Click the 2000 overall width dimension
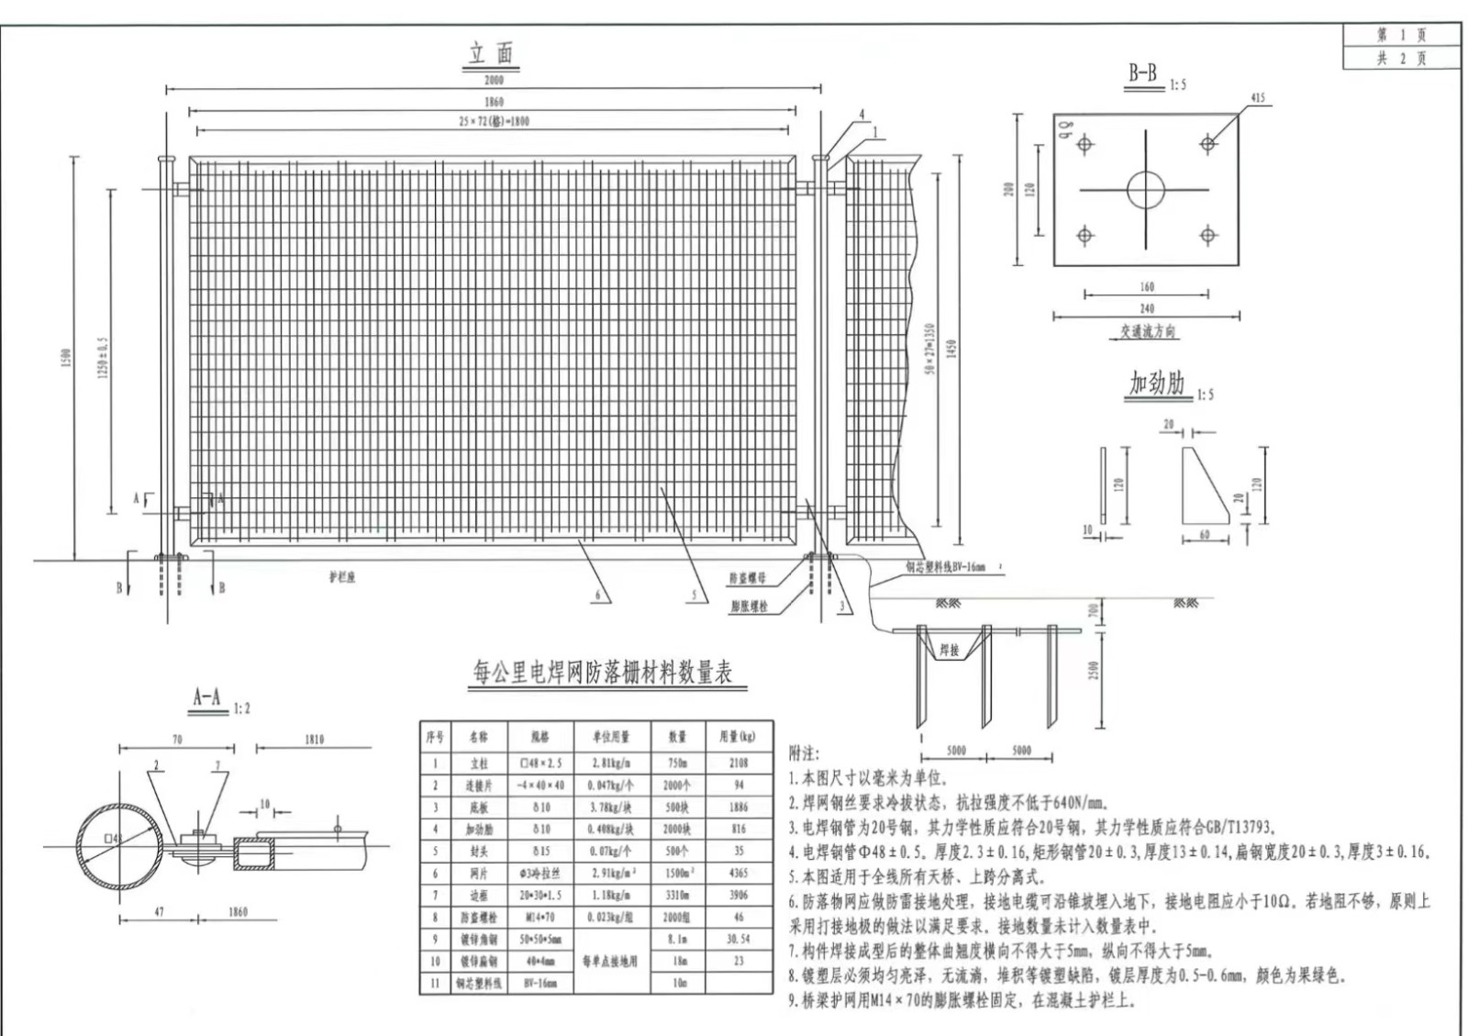[494, 81]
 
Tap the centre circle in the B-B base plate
[1145, 190]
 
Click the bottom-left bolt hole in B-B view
[1084, 236]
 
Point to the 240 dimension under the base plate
[1147, 309]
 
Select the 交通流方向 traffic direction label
[1147, 331]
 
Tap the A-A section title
[207, 697]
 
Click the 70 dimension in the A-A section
[177, 740]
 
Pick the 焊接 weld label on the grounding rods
[949, 651]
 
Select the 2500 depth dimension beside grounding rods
[1094, 671]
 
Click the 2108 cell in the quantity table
[739, 763]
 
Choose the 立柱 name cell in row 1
[478, 763]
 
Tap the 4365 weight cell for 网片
[739, 873]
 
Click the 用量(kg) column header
[739, 737]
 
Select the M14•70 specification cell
[540, 917]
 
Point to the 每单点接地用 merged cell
[610, 961]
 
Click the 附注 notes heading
[804, 753]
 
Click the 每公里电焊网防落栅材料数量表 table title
[602, 674]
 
